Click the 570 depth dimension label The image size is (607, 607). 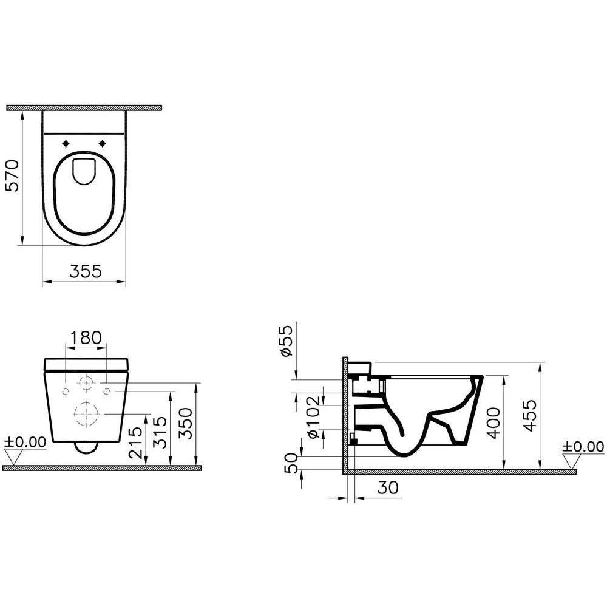pos(13,176)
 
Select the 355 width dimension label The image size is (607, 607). pos(84,272)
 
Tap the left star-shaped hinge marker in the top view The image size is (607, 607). pos(65,143)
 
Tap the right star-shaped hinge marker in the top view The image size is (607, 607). pos(103,143)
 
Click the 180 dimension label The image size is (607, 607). pos(86,338)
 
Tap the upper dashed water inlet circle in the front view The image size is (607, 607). pos(87,383)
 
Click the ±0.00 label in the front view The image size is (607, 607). pos(25,442)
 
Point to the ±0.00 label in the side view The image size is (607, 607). pos(583,447)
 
